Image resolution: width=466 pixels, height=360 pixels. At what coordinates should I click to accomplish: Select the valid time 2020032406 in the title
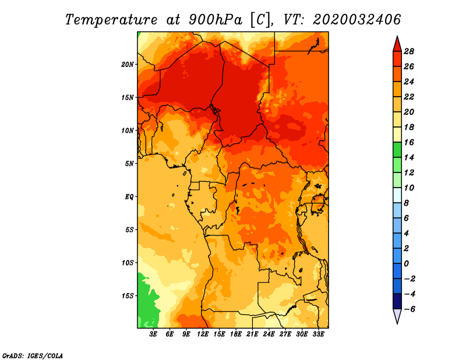(357, 19)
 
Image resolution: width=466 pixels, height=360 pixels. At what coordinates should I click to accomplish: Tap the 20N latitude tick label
(128, 64)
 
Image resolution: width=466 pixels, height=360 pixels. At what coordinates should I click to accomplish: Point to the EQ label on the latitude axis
(129, 196)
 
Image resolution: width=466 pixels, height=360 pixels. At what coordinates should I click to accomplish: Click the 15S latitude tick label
(128, 295)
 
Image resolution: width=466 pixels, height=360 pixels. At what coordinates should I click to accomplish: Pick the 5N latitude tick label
(129, 164)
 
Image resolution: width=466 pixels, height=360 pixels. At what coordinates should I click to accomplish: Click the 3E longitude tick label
(154, 334)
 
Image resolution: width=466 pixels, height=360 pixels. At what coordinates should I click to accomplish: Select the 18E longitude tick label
(235, 334)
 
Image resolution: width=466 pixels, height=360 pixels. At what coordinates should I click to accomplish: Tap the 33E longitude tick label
(318, 334)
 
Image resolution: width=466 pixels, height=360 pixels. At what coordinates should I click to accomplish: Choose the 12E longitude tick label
(203, 334)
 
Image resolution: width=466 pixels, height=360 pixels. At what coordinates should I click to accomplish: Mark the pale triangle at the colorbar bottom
(397, 316)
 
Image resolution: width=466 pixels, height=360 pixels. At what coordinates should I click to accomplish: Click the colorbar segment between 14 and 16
(397, 150)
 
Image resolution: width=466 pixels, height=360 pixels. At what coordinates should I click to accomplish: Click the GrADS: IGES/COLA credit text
(32, 355)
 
